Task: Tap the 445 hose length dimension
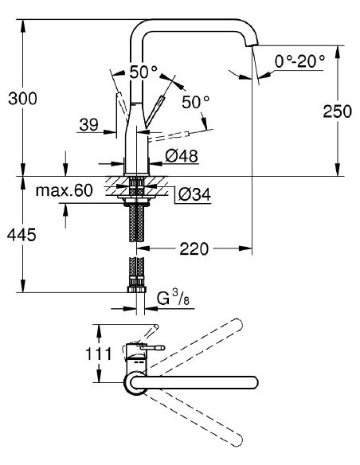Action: coord(22,236)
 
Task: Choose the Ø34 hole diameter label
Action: coord(192,193)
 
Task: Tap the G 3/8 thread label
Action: coord(170,300)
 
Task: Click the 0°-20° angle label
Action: coord(299,61)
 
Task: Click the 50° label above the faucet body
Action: coord(143,72)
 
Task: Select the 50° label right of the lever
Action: coord(194,102)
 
